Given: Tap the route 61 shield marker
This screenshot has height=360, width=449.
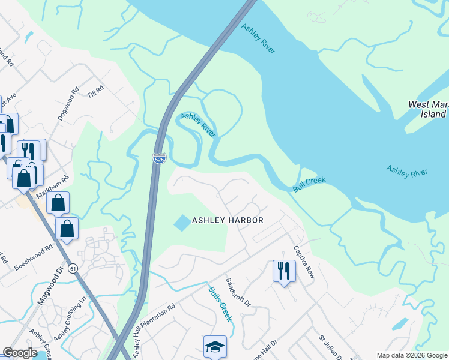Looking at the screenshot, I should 72,268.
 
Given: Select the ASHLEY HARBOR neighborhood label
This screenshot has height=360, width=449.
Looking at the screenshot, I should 228,220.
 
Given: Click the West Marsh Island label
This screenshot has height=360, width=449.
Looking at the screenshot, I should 427,109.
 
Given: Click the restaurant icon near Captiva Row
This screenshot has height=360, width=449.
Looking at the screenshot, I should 283,271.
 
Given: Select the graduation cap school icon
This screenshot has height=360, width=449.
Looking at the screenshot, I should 215,346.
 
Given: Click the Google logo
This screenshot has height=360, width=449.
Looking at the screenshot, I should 20,353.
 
